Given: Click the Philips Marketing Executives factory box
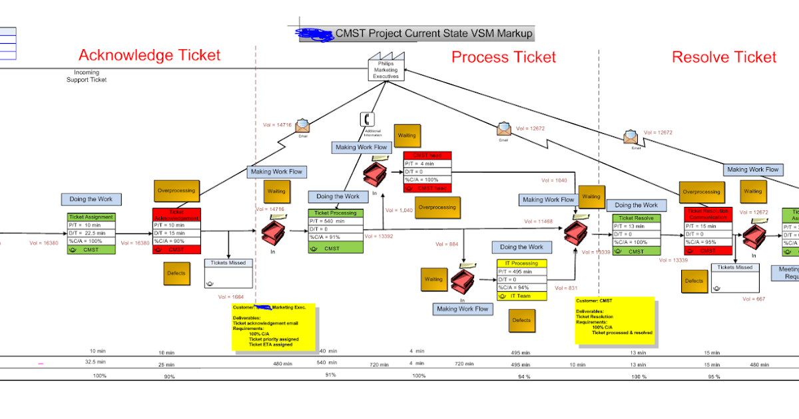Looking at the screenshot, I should tap(386, 69).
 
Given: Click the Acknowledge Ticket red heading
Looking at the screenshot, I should tap(149, 55).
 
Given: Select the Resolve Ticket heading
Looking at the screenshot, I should tap(724, 57).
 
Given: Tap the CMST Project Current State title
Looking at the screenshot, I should tap(434, 33).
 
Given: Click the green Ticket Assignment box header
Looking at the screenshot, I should tap(92, 217).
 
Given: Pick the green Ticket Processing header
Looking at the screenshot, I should tap(336, 213).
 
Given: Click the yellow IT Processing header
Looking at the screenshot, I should tap(521, 263).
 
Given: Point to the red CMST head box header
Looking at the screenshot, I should tap(427, 155).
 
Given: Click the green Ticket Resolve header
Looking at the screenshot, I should tap(636, 217).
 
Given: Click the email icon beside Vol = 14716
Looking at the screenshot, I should tap(303, 125).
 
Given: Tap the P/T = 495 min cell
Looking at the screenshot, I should tap(521, 271).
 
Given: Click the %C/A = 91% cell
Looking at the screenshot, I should tap(336, 237).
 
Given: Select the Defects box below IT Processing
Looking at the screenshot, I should tap(521, 320).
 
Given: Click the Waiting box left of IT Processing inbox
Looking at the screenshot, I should tap(434, 279).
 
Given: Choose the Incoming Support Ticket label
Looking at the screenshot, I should tap(87, 76).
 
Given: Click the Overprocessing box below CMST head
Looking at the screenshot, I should tap(437, 207).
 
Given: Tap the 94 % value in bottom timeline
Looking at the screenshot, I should tap(524, 376).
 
